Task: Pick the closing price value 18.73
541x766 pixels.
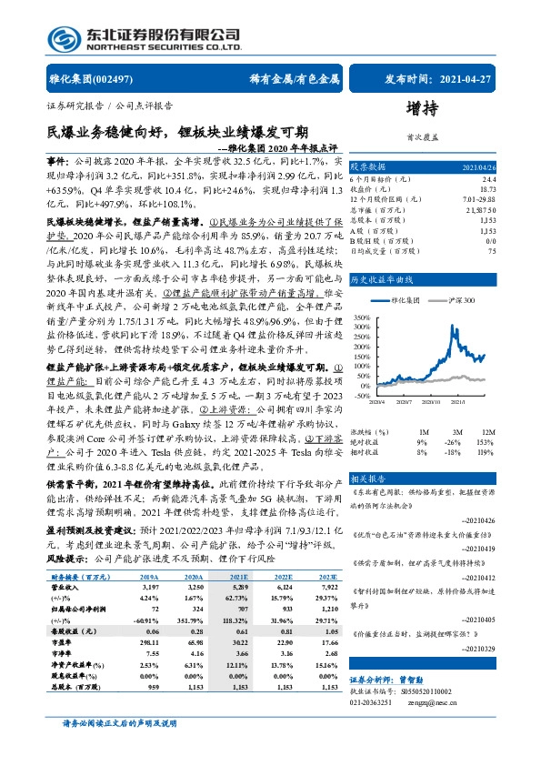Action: point(488,188)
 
